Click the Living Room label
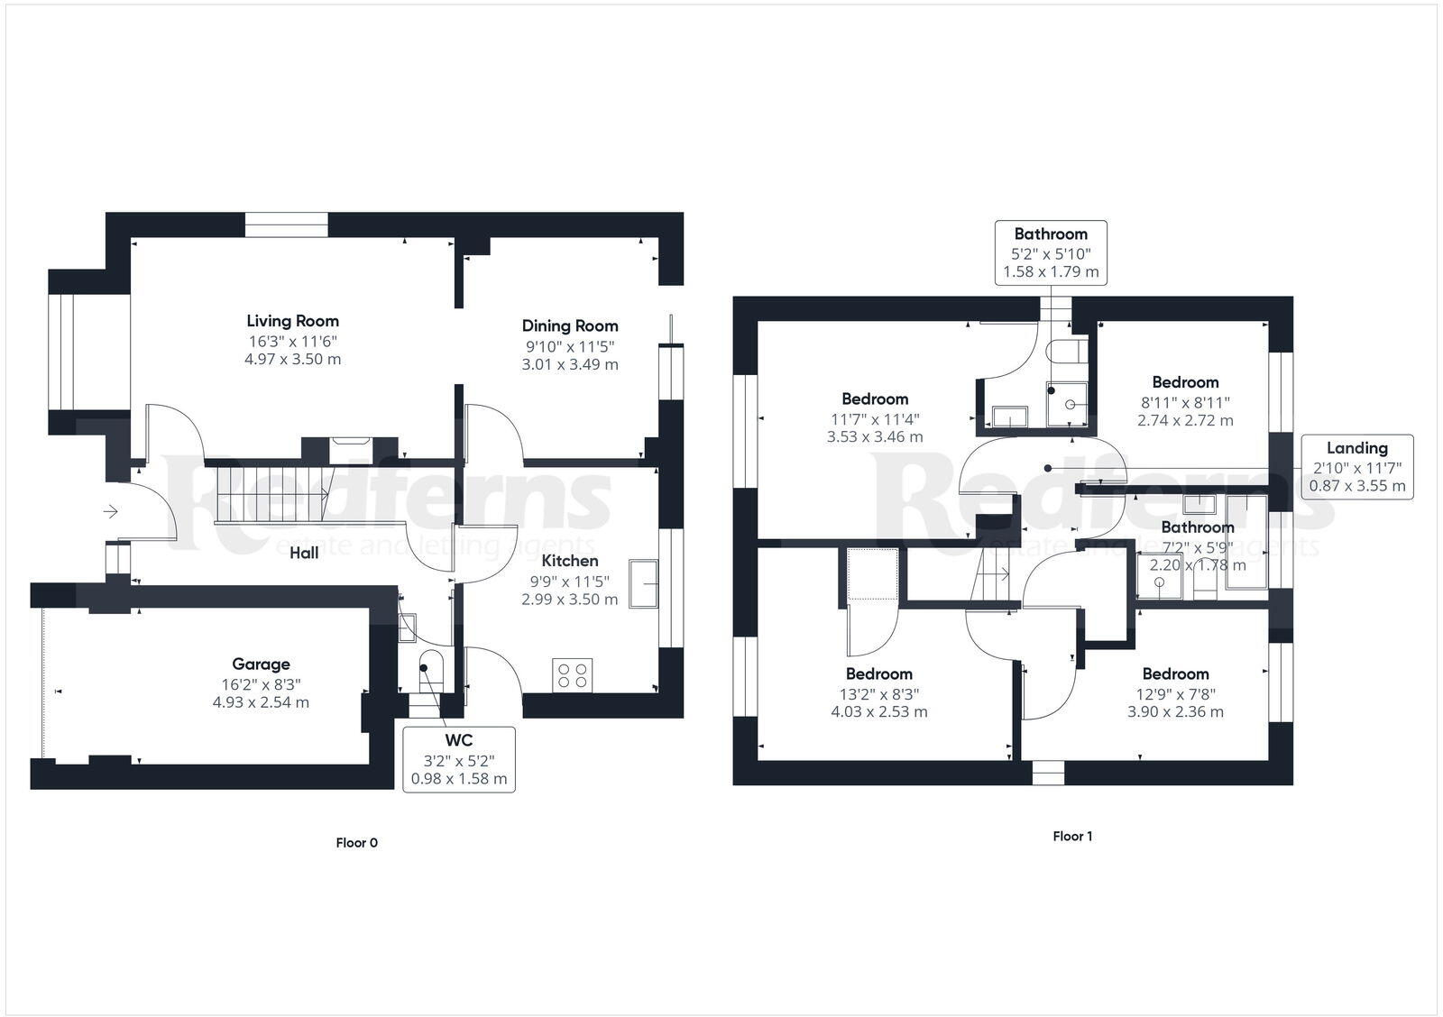coord(292,321)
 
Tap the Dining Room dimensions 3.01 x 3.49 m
coord(570,365)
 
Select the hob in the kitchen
coord(573,675)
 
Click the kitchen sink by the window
coord(645,583)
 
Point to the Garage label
coord(261,664)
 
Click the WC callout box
coord(458,759)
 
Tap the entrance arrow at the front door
coord(110,512)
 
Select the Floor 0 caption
coord(356,843)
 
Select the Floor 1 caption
coord(1072,837)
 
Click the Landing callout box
coord(1356,466)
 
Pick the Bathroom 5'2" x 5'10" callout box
coord(1051,252)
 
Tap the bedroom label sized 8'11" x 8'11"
coord(1185,382)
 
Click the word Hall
coord(304,553)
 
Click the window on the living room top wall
coord(287,224)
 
